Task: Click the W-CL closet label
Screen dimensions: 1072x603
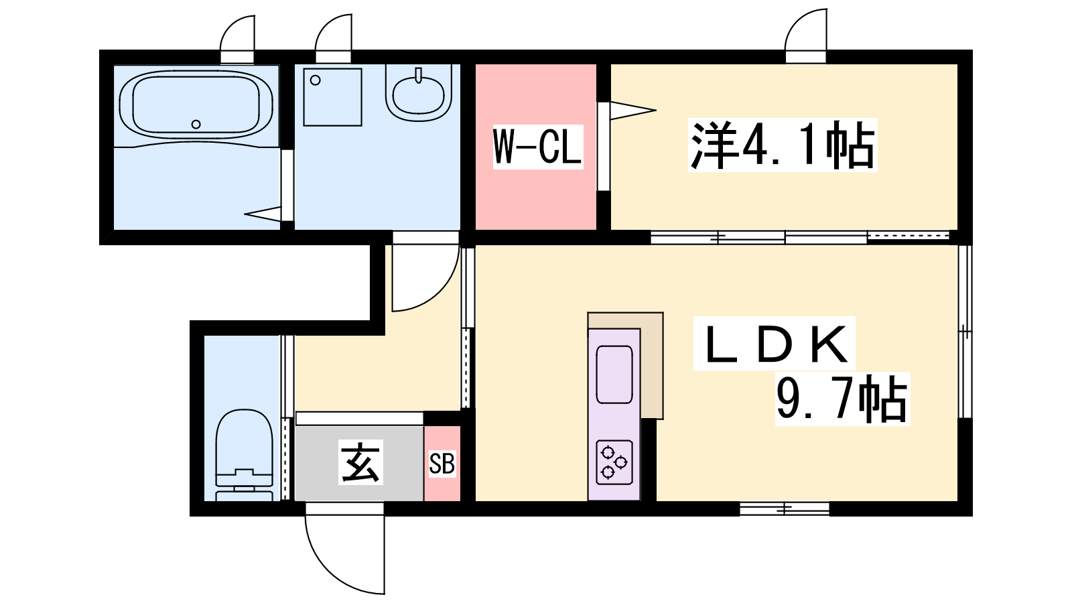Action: pyautogui.click(x=538, y=147)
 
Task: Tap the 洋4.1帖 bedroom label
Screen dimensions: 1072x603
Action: pyautogui.click(x=783, y=145)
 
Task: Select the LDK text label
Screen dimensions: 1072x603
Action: pyautogui.click(x=775, y=343)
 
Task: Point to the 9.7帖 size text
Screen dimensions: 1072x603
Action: pyautogui.click(x=842, y=399)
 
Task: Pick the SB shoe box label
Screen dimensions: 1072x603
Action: pyautogui.click(x=442, y=463)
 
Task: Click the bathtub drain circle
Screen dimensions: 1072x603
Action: pyautogui.click(x=196, y=125)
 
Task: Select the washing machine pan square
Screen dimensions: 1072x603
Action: pyautogui.click(x=332, y=97)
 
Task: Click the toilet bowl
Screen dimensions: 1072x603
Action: pyautogui.click(x=244, y=455)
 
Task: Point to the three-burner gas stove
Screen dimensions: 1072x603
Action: pyautogui.click(x=614, y=462)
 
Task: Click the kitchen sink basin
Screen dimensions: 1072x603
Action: pyautogui.click(x=614, y=375)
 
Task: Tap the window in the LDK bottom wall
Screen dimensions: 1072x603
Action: pyautogui.click(x=785, y=509)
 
